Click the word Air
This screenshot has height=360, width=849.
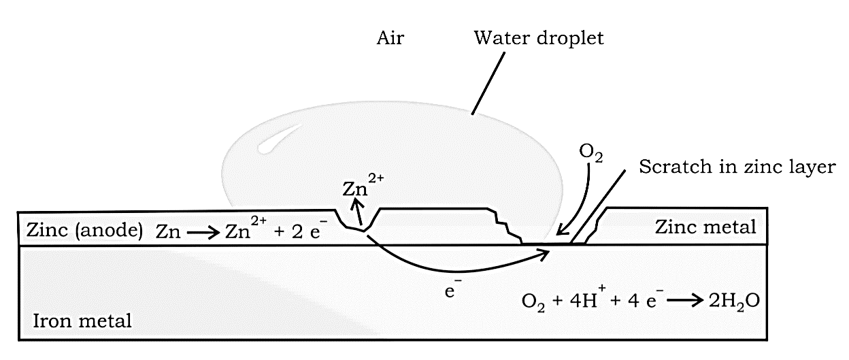pyautogui.click(x=390, y=38)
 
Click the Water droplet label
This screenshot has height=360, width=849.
pyautogui.click(x=539, y=38)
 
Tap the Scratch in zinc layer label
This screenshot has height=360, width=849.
pyautogui.click(x=736, y=167)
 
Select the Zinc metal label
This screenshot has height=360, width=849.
pyautogui.click(x=705, y=227)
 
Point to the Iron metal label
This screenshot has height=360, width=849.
pyautogui.click(x=82, y=319)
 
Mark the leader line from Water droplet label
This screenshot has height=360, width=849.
pyautogui.click(x=488, y=83)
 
